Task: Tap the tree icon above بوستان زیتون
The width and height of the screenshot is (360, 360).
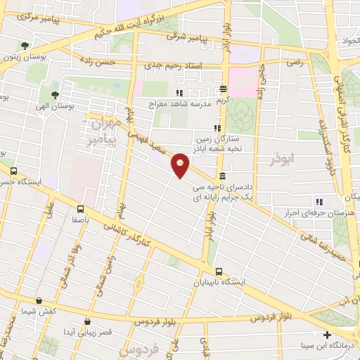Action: tap(25, 46)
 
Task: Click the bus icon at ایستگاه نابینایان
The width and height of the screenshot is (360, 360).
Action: tap(219, 271)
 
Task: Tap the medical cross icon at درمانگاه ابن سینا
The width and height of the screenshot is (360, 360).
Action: tap(326, 334)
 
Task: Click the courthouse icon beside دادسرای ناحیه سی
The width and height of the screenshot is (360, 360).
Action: tap(222, 176)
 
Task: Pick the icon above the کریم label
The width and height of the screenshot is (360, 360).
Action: tap(223, 89)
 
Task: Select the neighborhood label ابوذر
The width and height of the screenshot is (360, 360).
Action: tap(285, 161)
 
